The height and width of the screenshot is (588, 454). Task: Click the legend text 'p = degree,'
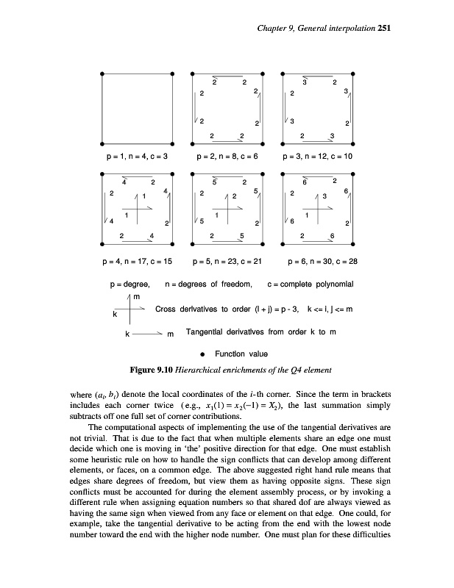[130, 284]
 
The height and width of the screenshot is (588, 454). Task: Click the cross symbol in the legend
[130, 309]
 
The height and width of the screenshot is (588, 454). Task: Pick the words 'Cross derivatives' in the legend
[185, 309]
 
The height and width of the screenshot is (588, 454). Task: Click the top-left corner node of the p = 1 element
[102, 73]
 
